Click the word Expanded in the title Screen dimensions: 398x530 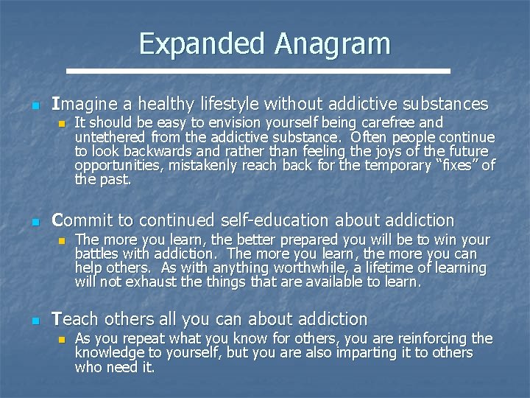coord(202,44)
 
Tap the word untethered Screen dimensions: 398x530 coord(111,137)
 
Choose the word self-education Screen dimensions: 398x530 coord(283,220)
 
